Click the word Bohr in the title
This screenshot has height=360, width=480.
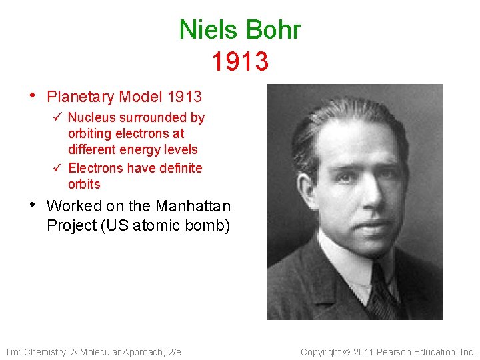[x=273, y=30]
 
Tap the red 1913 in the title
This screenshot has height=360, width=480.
[x=240, y=61]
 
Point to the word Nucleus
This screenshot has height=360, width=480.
[x=91, y=117]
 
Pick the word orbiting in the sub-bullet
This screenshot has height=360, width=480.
[x=91, y=133]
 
